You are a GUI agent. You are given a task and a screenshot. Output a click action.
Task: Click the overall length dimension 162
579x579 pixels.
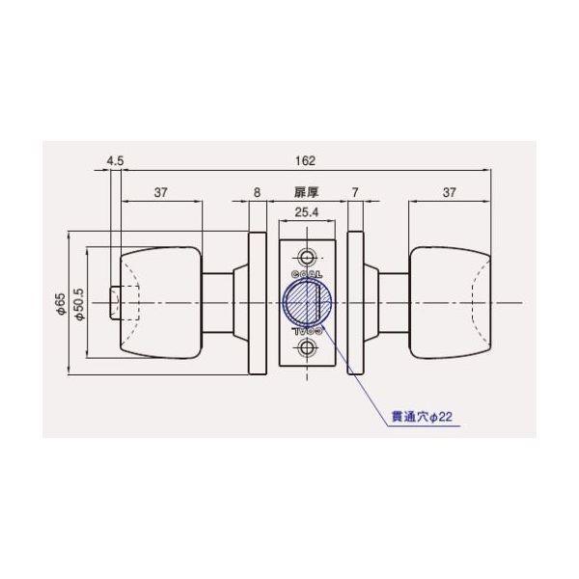pyautogui.click(x=308, y=162)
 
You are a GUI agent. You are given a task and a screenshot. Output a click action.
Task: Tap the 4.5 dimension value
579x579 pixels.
pyautogui.click(x=116, y=162)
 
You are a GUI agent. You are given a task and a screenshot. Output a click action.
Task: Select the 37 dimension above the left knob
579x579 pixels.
pyautogui.click(x=161, y=193)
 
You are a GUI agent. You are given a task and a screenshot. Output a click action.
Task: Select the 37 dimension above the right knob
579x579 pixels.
pyautogui.click(x=449, y=193)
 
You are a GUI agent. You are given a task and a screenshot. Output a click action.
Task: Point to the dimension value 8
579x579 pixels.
pyautogui.click(x=257, y=193)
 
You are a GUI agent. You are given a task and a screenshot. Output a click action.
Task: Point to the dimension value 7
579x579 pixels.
pyautogui.click(x=355, y=193)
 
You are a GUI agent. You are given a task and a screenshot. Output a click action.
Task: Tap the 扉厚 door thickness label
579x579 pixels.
pyautogui.click(x=306, y=193)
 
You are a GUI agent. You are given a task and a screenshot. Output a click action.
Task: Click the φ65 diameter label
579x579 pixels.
pyautogui.click(x=61, y=305)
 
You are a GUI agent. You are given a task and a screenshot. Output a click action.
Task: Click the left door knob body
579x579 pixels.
pyautogui.click(x=159, y=302)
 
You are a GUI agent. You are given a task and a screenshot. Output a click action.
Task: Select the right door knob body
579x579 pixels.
pyautogui.click(x=449, y=302)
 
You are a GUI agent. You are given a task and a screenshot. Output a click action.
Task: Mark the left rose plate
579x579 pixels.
pyautogui.click(x=258, y=302)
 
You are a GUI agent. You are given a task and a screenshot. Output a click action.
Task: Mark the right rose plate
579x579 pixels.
pyautogui.click(x=354, y=302)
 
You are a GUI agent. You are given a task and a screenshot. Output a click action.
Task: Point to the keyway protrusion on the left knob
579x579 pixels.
pyautogui.click(x=115, y=302)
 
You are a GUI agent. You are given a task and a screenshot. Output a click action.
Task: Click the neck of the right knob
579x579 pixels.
pyautogui.click(x=390, y=302)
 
